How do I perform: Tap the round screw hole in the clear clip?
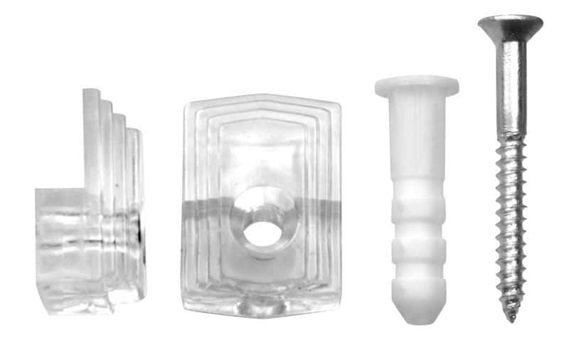(260, 231)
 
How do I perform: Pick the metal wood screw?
(509, 171)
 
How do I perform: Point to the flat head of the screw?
(509, 26)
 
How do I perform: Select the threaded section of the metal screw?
(509, 221)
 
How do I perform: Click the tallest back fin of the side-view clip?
(90, 135)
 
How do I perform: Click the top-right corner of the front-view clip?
(334, 105)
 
